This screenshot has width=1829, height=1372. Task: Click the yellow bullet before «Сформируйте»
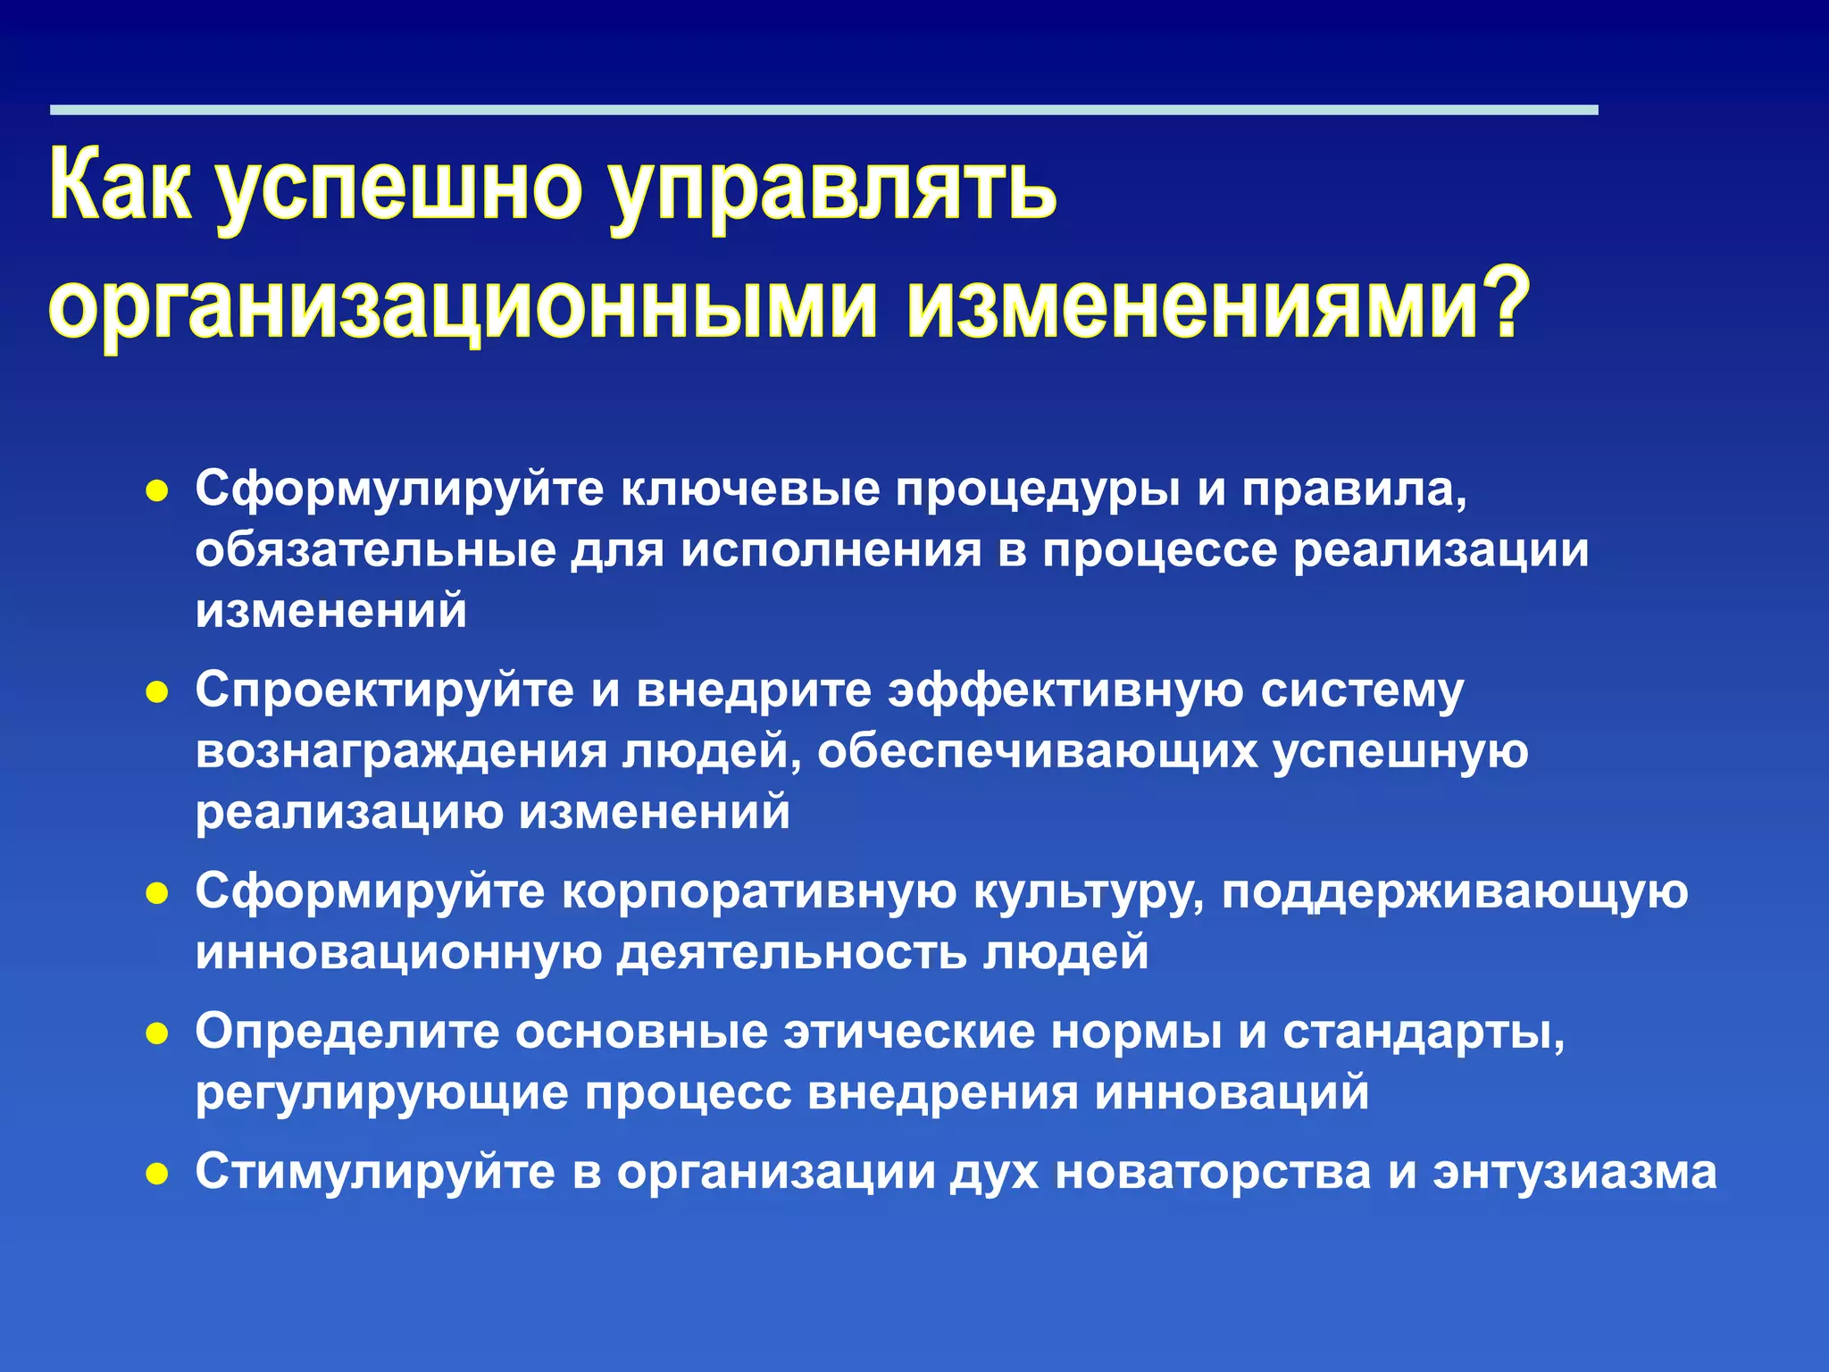click(157, 893)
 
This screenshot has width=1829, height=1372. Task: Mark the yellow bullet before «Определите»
click(157, 1033)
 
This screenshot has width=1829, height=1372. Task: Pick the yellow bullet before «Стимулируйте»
click(157, 1173)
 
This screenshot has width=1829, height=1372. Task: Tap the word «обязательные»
click(376, 550)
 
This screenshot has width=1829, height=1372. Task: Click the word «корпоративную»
click(758, 891)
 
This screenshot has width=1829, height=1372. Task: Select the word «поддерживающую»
click(1455, 893)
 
